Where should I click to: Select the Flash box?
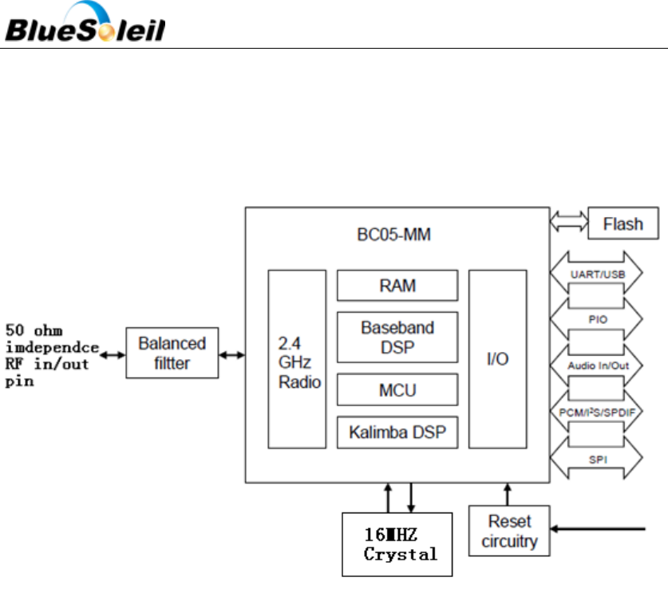coord(623,223)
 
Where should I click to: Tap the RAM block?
coord(397,285)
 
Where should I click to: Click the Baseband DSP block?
coord(397,337)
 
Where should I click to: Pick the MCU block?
coord(397,390)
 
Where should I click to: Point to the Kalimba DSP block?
coord(397,433)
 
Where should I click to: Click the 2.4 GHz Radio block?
coord(298,358)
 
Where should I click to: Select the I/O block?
coord(497,358)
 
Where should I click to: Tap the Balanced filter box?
coord(172,353)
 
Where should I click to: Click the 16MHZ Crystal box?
coord(397,544)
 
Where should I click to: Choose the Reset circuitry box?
coord(508,532)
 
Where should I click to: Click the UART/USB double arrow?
coord(596,274)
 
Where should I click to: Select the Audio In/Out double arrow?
coord(596,366)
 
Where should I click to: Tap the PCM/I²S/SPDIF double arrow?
coord(596,411)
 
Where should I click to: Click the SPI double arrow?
coord(596,460)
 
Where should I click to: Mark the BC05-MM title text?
coord(397,235)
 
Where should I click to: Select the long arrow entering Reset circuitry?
coord(599,528)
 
